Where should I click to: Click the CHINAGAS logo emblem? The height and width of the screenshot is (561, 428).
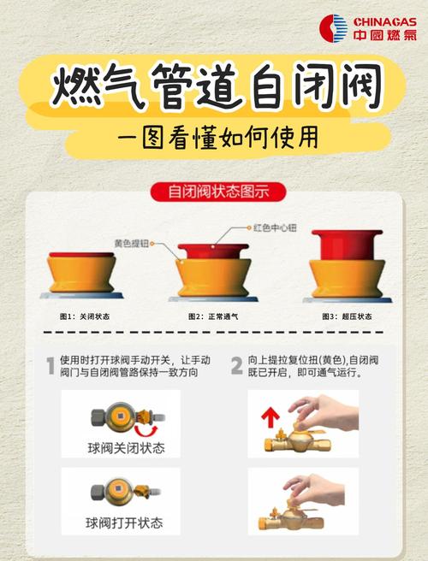click(x=334, y=28)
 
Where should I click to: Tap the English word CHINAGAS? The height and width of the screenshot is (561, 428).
click(x=385, y=22)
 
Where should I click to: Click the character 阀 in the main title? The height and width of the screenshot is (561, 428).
click(x=360, y=86)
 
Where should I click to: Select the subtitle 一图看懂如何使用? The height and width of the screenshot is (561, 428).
click(x=218, y=138)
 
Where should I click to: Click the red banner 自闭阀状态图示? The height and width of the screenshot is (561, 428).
click(x=218, y=192)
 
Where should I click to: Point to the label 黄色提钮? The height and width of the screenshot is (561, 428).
click(x=132, y=243)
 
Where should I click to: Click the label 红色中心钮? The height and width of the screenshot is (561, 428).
click(x=275, y=227)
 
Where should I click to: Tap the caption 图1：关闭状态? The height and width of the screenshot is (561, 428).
click(x=85, y=316)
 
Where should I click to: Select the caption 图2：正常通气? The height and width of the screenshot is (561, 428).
click(x=213, y=316)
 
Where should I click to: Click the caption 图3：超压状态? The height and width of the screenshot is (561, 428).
click(x=347, y=316)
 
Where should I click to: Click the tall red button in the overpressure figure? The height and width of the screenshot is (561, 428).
click(x=347, y=245)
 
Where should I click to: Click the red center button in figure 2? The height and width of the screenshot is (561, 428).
click(x=213, y=251)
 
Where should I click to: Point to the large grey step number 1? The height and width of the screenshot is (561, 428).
click(x=51, y=366)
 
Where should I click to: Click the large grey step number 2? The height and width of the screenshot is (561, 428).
click(x=237, y=366)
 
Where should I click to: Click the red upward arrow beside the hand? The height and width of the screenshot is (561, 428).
click(x=270, y=418)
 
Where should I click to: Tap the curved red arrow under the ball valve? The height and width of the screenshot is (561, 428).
click(x=146, y=431)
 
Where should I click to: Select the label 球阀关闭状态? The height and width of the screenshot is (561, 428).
click(x=126, y=448)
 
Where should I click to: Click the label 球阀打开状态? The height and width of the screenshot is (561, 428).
click(x=124, y=523)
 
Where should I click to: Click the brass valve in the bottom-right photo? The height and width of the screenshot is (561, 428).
click(x=291, y=519)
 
